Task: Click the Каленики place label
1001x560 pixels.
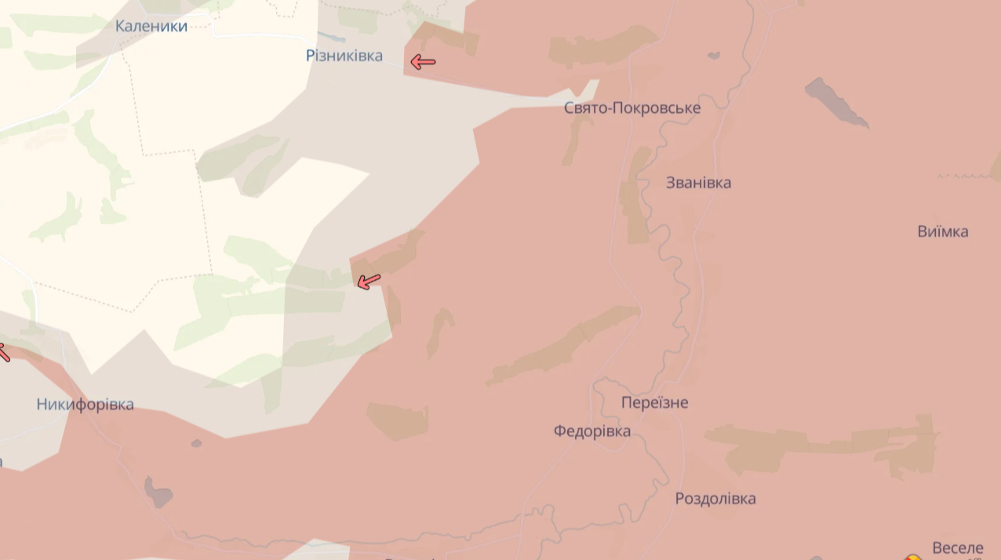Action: coord(151,26)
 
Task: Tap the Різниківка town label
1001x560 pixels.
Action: coord(344,55)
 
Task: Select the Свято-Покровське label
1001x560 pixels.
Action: coord(632,108)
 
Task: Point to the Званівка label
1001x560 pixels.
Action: coord(698,183)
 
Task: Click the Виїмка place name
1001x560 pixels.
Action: coord(942,231)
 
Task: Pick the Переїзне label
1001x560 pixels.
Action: coord(654,402)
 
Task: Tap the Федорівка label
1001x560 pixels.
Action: coord(591,431)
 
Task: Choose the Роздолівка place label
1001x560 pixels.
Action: coord(715,499)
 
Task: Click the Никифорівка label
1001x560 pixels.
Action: coord(85,405)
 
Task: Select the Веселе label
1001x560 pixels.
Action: coord(957,547)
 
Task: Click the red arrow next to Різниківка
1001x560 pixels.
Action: coord(423,62)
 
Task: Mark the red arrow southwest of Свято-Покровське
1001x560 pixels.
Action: coord(369,281)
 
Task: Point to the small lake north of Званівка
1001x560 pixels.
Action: coord(714,56)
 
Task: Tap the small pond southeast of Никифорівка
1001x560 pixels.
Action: coord(158,492)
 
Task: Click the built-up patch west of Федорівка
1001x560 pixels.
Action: coord(398,421)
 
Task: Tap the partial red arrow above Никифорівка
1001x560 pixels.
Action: coord(2,351)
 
